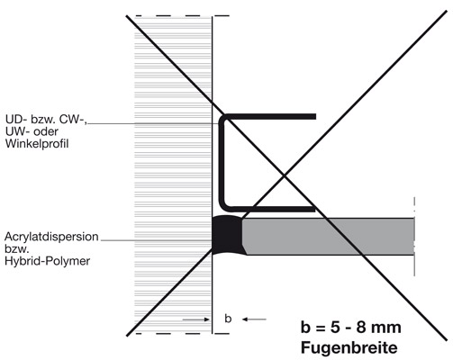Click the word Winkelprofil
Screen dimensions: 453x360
tap(37, 144)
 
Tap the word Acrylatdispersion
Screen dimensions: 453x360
tap(51, 237)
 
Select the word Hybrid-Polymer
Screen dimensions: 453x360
tap(47, 261)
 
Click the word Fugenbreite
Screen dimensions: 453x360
tap(349, 348)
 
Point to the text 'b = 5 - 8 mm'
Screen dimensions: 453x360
tap(350, 327)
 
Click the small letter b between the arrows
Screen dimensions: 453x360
tap(228, 319)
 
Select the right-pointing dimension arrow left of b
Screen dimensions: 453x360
tap(196, 319)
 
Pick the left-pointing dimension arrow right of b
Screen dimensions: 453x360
tap(254, 319)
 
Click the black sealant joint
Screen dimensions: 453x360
tap(227, 235)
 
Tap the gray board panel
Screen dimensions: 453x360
tap(329, 237)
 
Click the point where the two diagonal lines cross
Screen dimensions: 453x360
tap(284, 175)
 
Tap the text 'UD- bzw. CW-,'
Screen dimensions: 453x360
tap(46, 120)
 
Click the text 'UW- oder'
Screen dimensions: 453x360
tap(32, 131)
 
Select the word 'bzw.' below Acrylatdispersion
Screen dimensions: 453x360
tap(16, 248)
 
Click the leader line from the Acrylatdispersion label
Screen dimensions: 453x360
tap(156, 240)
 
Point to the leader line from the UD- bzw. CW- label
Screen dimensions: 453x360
tap(154, 123)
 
